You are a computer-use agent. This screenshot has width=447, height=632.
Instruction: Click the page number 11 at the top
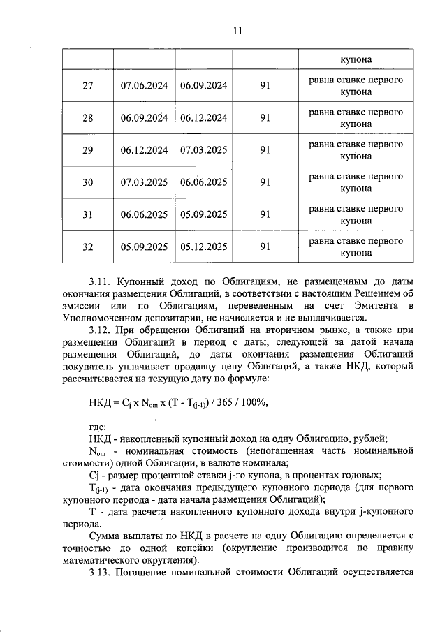coord(237,31)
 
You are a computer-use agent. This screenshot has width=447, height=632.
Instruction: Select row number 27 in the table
coord(88,86)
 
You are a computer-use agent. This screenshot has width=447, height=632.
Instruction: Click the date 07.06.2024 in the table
coord(144,86)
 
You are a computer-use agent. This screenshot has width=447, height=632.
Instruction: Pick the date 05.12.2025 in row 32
coord(203,247)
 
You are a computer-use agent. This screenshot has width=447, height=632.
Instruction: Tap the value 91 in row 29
coord(265,150)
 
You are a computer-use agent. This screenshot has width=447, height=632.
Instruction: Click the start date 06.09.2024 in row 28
coord(144,118)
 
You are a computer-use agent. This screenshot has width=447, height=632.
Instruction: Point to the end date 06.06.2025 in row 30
coord(203,182)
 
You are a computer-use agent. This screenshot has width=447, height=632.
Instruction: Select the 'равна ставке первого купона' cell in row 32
coord(356,247)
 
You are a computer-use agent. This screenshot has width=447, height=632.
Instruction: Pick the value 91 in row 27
coord(265,86)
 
